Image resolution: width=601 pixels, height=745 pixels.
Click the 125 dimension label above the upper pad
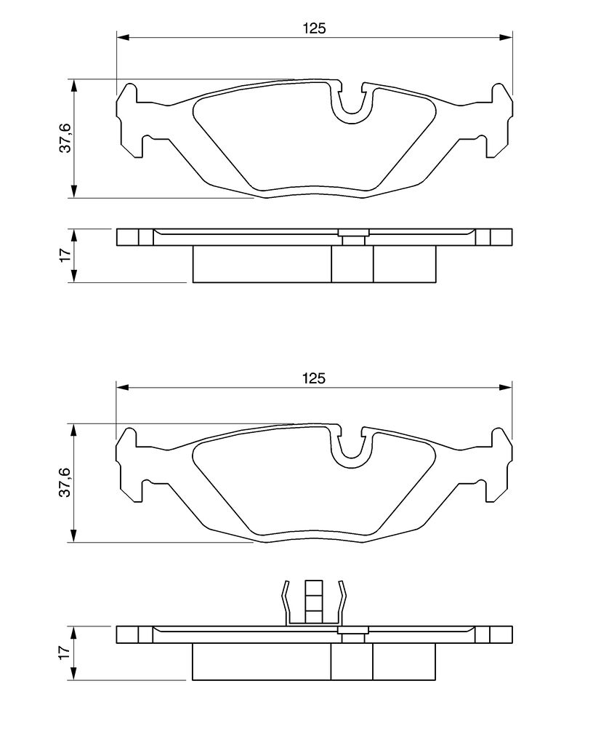[315, 28]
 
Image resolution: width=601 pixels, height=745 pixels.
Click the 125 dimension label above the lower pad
[315, 378]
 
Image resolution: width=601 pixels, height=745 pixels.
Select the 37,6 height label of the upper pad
[65, 138]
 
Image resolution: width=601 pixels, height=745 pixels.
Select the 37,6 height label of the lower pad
[65, 482]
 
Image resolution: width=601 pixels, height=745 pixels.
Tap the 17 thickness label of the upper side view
[65, 253]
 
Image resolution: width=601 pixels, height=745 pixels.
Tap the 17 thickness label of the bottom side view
[65, 650]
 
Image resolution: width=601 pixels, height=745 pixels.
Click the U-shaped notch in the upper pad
[351, 119]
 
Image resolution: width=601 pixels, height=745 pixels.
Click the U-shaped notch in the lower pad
[351, 463]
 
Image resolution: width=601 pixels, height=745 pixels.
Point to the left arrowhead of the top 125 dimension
[123, 36]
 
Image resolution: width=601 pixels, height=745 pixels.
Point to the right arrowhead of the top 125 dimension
[506, 36]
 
